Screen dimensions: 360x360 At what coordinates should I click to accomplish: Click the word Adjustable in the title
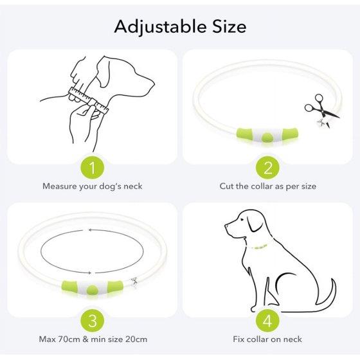click(x=161, y=27)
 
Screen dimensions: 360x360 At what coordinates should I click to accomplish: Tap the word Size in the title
click(x=230, y=26)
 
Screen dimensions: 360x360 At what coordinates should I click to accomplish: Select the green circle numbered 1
click(x=93, y=167)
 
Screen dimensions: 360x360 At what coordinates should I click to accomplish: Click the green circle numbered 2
click(x=267, y=167)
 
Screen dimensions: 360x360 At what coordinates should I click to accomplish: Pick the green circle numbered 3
click(x=93, y=321)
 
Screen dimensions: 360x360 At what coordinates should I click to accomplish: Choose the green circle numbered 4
click(x=267, y=321)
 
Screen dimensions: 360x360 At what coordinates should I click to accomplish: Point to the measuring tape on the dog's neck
click(x=89, y=100)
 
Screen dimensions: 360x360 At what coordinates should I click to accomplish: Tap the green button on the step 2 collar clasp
click(x=267, y=137)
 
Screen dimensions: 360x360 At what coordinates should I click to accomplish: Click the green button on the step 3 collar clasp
click(x=93, y=290)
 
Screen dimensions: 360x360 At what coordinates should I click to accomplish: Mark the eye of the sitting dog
click(x=242, y=219)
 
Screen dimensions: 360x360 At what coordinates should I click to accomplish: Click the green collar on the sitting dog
click(x=259, y=247)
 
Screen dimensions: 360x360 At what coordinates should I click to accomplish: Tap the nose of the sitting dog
click(x=226, y=226)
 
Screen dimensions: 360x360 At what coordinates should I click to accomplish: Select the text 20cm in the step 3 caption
click(x=136, y=339)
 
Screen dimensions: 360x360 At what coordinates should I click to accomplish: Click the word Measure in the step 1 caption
click(x=60, y=186)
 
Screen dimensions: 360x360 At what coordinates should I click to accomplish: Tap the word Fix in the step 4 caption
click(x=239, y=339)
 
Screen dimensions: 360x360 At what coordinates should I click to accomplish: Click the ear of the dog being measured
click(x=104, y=71)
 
